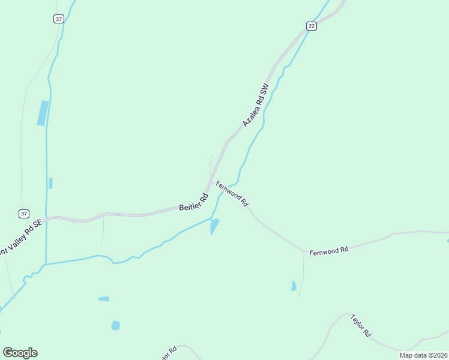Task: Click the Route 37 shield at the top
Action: tap(58, 19)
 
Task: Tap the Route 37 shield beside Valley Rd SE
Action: tap(23, 214)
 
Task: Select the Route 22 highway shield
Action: tap(310, 25)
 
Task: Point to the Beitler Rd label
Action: tap(193, 202)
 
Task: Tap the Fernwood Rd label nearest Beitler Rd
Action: tap(232, 194)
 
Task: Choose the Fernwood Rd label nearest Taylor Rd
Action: tap(329, 250)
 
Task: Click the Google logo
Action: tap(20, 353)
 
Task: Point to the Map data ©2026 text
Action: tap(423, 355)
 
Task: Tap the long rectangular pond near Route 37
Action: tap(43, 113)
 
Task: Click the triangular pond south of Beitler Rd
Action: tap(214, 226)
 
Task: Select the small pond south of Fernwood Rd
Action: tap(294, 286)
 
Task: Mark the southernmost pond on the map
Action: tap(115, 325)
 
